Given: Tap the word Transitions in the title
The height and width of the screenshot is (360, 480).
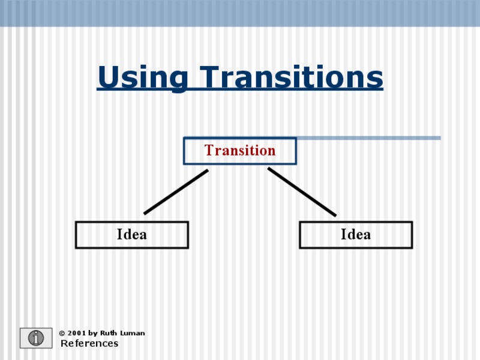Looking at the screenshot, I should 292,78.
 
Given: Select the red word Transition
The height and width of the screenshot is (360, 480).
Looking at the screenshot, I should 240,151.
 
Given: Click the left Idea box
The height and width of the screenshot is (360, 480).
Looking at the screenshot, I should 131,235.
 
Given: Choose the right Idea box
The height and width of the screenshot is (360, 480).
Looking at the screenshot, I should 356,235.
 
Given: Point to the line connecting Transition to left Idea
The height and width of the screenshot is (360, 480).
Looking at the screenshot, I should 176,192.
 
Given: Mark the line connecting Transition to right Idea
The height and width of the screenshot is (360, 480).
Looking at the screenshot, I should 302,192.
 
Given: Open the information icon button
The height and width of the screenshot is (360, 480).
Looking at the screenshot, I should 36,338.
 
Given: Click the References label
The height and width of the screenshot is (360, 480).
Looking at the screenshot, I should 89,344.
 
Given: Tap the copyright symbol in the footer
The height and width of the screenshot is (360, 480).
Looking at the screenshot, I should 62,333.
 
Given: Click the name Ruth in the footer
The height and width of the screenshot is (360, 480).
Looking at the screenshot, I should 109,333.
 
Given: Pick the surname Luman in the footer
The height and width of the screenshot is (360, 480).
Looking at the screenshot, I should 133,333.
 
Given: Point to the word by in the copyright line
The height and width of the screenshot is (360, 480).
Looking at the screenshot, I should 92,333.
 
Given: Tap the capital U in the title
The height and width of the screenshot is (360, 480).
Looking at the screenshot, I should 107,78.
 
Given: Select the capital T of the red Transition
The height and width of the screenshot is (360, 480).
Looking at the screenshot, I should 209,151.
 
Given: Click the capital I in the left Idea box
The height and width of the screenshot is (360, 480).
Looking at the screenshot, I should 119,235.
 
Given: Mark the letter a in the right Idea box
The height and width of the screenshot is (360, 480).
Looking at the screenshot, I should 367,235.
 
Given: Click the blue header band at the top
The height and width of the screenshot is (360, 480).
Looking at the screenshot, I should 240,13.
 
